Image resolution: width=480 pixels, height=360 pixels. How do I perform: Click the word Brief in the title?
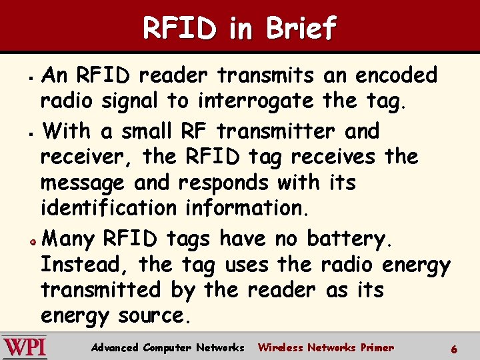click(301, 28)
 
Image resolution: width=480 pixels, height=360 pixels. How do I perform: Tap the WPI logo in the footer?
click(25, 347)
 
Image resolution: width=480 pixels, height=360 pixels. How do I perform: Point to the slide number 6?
click(454, 349)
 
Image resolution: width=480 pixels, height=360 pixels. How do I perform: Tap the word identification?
click(109, 208)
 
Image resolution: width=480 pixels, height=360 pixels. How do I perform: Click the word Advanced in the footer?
click(115, 347)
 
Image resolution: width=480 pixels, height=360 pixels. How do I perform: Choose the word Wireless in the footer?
click(280, 347)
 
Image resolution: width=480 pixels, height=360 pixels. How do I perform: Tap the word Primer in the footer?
click(377, 347)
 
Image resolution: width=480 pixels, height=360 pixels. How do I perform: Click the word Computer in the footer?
click(167, 347)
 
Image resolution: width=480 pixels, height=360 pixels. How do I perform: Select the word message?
click(82, 183)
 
